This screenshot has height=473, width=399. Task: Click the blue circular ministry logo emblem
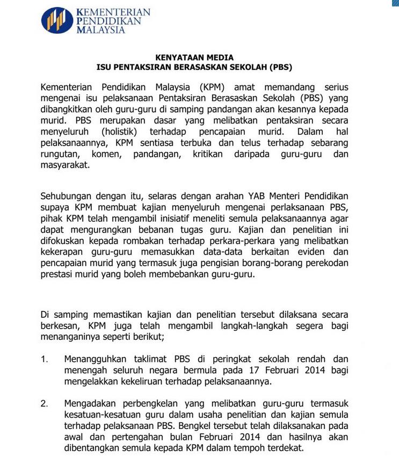coord(57,20)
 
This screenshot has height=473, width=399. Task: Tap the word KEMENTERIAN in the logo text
coord(113,12)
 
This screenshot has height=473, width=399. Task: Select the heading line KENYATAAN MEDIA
coord(194,57)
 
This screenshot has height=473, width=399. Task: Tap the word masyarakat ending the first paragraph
coord(66,166)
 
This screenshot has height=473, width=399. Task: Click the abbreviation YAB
coord(251,195)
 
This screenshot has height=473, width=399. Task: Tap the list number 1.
coord(44,359)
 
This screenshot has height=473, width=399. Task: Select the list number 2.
coord(44,403)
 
